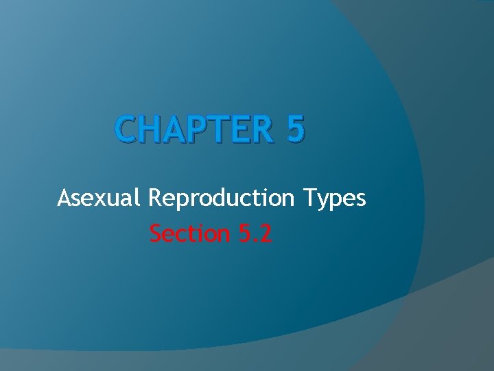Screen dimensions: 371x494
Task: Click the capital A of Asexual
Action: pos(65,199)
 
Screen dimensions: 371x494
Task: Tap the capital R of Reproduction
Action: pos(155,199)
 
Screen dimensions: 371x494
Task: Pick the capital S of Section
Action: pos(156,234)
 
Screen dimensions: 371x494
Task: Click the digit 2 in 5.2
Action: pos(266,234)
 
